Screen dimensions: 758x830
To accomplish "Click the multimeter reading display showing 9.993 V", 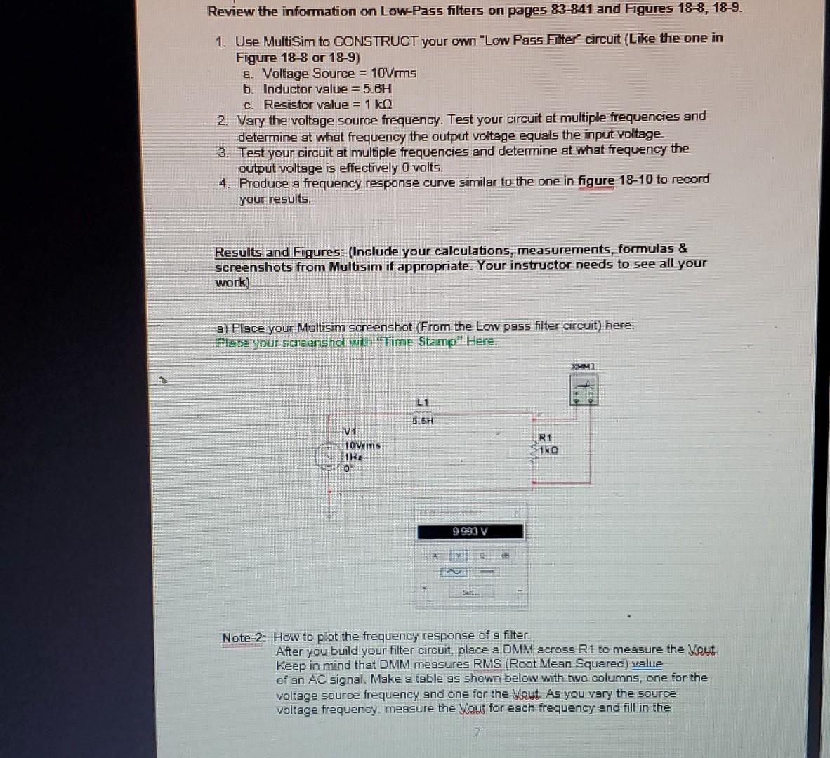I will click(470, 531).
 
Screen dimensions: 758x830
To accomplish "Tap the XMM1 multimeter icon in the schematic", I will click(584, 390).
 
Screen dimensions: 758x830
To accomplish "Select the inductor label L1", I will click(422, 402).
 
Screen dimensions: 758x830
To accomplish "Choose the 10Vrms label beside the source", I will click(362, 446).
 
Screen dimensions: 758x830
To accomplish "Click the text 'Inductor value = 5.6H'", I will click(327, 89).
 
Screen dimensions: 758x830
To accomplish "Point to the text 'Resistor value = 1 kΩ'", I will click(327, 105).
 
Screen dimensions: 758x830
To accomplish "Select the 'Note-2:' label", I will click(244, 637).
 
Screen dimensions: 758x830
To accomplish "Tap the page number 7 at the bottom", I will click(476, 732).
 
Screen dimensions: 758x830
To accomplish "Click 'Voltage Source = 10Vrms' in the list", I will click(339, 73).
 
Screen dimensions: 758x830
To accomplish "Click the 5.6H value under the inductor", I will click(423, 421).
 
